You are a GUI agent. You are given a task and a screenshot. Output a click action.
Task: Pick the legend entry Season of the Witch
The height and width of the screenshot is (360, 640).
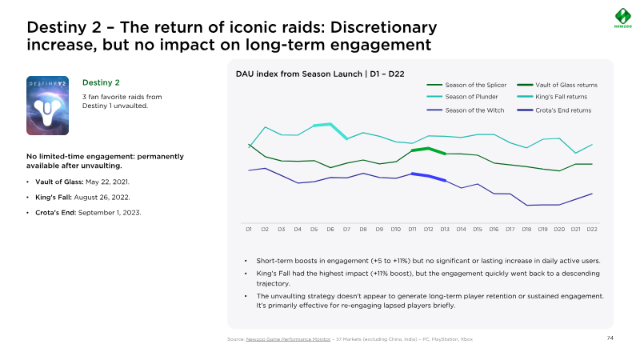474,110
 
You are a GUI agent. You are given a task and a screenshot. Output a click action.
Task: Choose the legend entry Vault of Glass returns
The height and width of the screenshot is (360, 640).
566,85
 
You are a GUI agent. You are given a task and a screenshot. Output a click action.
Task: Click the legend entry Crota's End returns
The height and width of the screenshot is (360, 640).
563,110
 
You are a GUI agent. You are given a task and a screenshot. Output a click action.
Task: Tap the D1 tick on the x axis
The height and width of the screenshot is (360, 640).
249,230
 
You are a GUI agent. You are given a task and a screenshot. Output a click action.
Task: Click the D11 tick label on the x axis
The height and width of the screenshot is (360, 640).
412,230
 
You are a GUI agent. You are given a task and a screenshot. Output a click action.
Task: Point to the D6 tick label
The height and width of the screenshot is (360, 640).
330,230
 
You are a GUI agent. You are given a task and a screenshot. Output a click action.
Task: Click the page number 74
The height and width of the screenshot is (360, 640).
610,338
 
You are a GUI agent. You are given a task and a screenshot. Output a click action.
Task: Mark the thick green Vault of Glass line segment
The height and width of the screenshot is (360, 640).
429,150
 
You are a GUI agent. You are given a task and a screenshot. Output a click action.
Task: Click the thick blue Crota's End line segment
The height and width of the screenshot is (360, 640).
429,177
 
